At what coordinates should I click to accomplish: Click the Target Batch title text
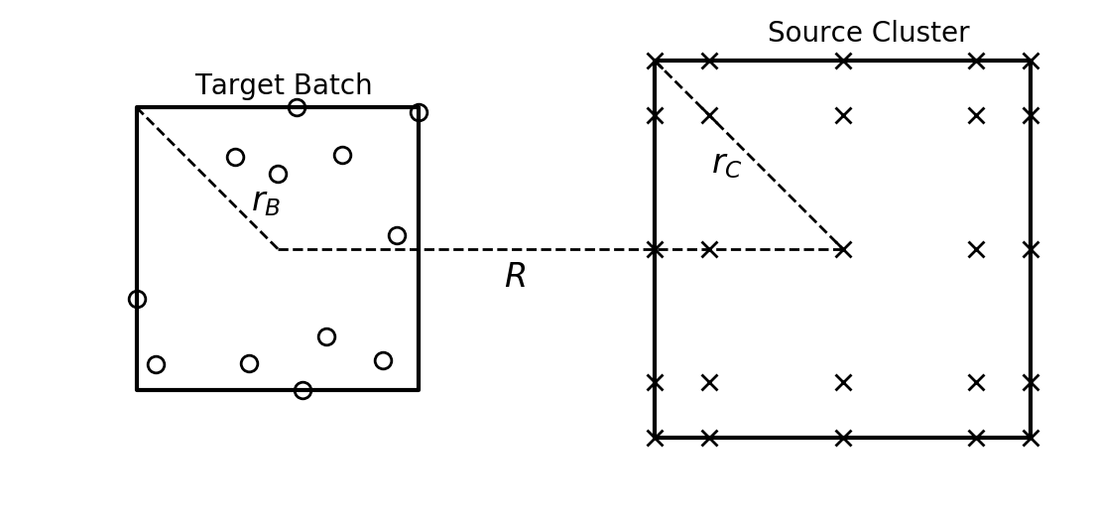(x=283, y=86)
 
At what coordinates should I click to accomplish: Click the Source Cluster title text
(x=868, y=34)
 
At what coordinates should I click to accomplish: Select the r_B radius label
(x=266, y=202)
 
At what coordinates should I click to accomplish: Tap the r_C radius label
(x=726, y=164)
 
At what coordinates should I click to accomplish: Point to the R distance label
(x=515, y=277)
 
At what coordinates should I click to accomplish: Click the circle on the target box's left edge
(x=137, y=299)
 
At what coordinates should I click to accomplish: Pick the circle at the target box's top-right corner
(x=419, y=112)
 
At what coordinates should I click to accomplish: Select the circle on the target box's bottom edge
(x=303, y=390)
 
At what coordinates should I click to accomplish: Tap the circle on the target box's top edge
(x=297, y=107)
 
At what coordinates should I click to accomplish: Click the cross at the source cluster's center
(x=843, y=249)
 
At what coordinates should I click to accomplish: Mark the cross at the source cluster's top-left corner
(x=655, y=61)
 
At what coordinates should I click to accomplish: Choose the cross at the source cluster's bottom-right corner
(x=1031, y=438)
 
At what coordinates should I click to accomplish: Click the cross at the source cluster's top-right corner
(x=1031, y=61)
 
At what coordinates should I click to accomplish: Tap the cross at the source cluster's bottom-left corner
(x=655, y=438)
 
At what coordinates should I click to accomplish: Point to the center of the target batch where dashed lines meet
(x=279, y=249)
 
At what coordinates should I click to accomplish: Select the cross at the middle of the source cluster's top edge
(x=843, y=61)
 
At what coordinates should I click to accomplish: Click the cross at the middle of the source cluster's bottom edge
(x=843, y=438)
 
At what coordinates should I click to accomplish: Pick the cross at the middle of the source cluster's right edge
(x=1031, y=249)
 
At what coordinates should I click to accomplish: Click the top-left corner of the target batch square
(x=137, y=107)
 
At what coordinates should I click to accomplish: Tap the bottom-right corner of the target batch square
(x=419, y=390)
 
